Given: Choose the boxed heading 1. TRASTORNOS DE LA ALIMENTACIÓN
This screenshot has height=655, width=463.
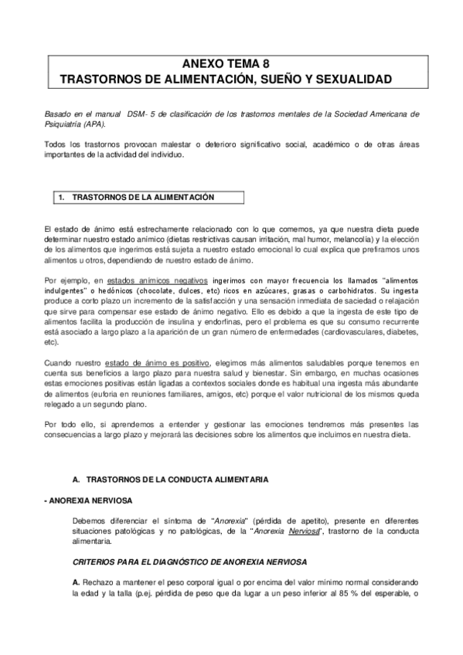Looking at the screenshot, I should (145, 197).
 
